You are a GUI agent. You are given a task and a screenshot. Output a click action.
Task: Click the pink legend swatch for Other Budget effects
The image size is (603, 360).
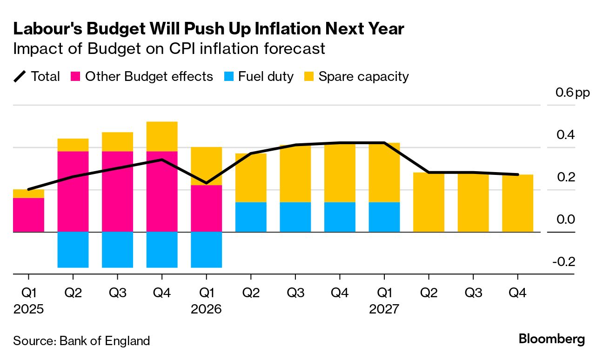click(x=76, y=77)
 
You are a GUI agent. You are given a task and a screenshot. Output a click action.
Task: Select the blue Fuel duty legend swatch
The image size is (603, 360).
click(x=229, y=77)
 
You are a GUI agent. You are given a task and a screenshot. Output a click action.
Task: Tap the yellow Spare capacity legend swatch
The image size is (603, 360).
click(x=309, y=77)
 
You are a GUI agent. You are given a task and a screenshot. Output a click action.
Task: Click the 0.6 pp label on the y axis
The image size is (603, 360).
click(x=572, y=93)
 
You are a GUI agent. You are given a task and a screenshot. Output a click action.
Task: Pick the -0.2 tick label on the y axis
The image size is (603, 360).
click(x=564, y=262)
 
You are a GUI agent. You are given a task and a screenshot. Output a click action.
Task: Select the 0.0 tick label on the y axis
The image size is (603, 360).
click(x=565, y=220)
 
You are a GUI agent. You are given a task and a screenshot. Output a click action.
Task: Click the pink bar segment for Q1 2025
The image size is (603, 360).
click(x=28, y=215)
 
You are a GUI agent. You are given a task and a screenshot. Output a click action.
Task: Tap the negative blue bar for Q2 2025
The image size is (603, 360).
click(x=73, y=250)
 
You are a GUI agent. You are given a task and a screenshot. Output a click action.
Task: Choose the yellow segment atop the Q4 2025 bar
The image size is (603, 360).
click(x=162, y=136)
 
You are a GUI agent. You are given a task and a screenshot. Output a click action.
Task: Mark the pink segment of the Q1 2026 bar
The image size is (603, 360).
click(x=207, y=208)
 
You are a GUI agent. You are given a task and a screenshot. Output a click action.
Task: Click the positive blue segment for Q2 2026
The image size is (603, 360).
click(x=251, y=217)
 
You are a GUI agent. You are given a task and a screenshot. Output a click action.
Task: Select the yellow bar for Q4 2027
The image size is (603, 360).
click(x=518, y=203)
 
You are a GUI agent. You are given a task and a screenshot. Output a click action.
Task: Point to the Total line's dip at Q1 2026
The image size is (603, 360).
click(x=207, y=183)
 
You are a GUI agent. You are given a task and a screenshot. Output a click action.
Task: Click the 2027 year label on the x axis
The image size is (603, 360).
click(x=384, y=309)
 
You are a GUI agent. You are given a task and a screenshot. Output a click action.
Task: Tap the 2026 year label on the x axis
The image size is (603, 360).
click(x=206, y=309)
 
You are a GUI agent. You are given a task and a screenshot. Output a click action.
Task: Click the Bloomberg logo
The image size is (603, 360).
click(x=552, y=339)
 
